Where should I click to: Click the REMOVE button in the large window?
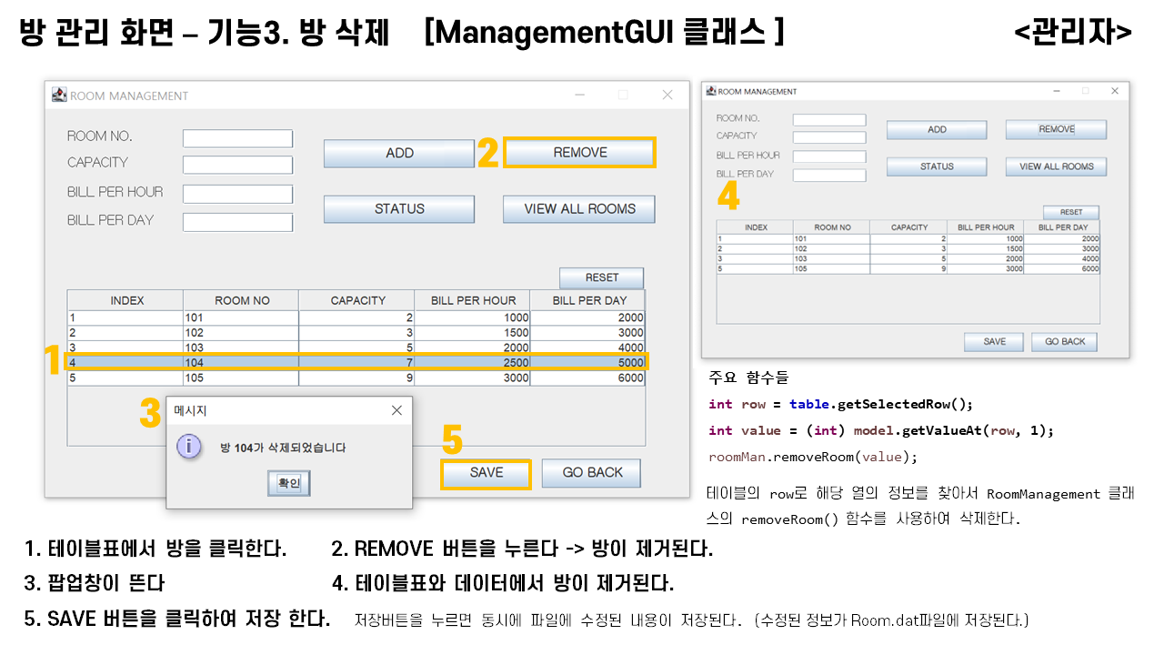[579, 153]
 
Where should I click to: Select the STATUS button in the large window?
[399, 209]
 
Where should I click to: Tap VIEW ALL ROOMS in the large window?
[579, 209]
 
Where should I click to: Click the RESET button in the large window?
[601, 277]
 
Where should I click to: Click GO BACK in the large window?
[591, 473]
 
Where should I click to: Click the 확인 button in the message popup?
[288, 483]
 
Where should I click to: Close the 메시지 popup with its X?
[396, 410]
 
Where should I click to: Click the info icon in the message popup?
[188, 447]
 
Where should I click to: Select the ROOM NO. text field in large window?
[237, 138]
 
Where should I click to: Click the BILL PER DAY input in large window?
[237, 222]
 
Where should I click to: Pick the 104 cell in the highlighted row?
[240, 362]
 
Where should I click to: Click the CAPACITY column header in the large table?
[357, 300]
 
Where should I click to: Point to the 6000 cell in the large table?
[587, 378]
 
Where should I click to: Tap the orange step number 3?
[150, 415]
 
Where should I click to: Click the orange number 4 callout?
[728, 196]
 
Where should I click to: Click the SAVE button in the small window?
[995, 342]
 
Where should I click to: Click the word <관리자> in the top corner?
[1072, 32]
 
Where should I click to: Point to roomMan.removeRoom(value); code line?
[813, 457]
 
